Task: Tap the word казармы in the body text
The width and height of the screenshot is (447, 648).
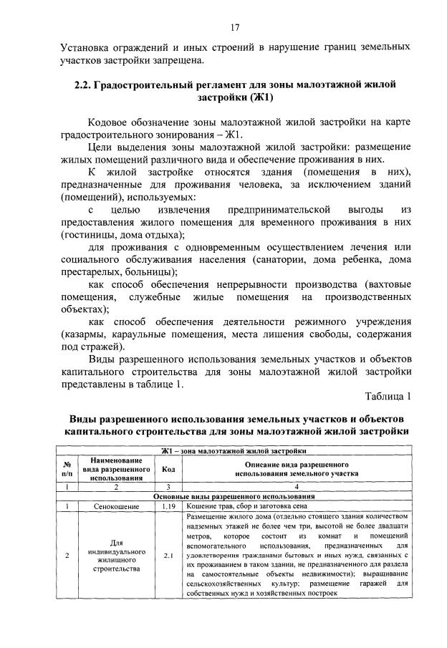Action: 85,334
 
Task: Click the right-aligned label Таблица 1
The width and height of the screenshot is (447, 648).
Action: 388,397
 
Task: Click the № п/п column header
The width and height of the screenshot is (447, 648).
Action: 67,470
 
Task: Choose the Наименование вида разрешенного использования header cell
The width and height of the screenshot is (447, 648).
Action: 116,470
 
